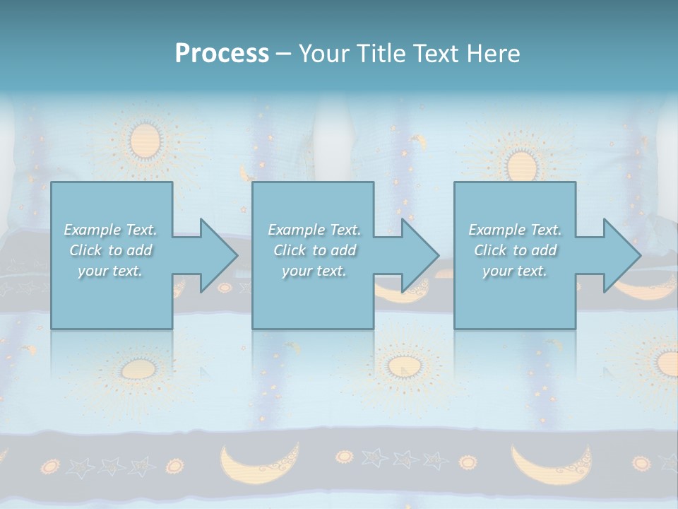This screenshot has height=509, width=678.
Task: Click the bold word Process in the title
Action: click(x=222, y=54)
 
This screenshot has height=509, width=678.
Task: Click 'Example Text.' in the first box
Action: click(x=110, y=230)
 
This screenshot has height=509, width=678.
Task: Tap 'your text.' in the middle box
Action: click(x=314, y=271)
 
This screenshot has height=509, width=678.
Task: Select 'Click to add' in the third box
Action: click(x=515, y=250)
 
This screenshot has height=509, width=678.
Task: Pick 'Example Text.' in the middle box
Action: click(x=314, y=230)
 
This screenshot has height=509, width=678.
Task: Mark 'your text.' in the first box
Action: click(x=110, y=271)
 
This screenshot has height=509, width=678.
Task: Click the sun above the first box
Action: click(x=146, y=139)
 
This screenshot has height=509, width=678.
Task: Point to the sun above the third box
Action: click(x=521, y=165)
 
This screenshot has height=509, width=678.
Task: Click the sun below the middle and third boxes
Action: click(x=403, y=366)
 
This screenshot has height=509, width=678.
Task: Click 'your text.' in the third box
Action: click(x=515, y=271)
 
